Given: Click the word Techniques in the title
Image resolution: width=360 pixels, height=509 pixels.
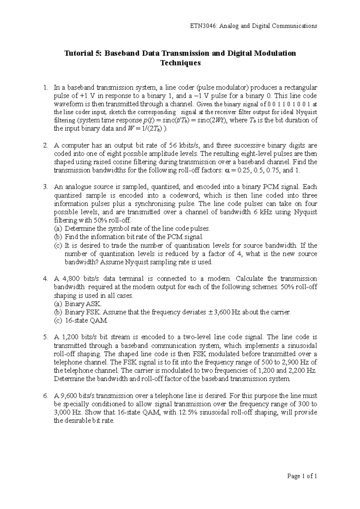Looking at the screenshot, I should click(180, 63).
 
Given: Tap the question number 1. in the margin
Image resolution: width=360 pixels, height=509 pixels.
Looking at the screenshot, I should click(45, 88).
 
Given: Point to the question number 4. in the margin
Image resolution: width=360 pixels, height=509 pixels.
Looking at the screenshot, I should click(45, 279).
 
